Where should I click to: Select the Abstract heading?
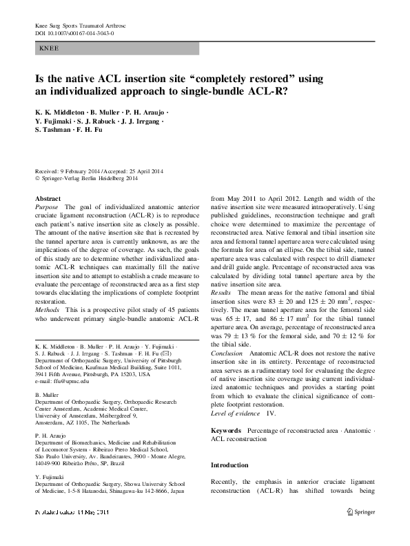(48, 198)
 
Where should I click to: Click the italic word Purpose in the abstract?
(46, 207)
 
